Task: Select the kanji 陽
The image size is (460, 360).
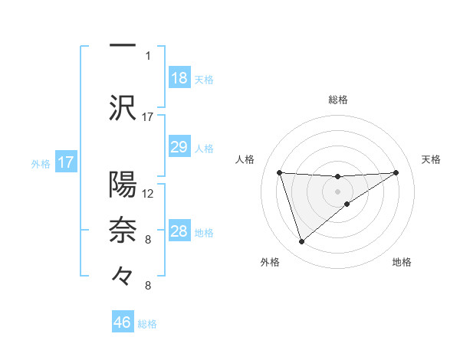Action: tap(123, 185)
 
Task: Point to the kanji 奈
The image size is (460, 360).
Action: tap(123, 230)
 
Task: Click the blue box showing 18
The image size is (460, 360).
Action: tap(179, 78)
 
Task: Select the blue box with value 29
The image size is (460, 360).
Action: tap(179, 147)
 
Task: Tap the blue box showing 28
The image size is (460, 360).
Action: tap(179, 231)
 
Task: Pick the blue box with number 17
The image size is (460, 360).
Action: tap(66, 162)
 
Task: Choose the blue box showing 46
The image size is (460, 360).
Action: tap(123, 322)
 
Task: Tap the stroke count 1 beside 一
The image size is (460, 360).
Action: tap(147, 55)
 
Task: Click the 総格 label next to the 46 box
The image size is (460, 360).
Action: tap(148, 324)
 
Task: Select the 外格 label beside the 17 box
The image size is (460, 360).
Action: tap(41, 163)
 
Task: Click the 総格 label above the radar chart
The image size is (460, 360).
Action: tap(338, 100)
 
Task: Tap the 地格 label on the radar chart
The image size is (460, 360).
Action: tap(402, 262)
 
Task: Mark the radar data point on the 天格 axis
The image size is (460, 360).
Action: tap(396, 172)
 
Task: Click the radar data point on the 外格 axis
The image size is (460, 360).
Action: tap(301, 242)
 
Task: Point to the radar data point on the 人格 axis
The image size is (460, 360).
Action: tap(279, 172)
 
